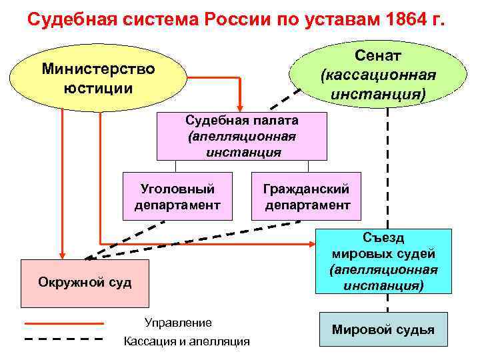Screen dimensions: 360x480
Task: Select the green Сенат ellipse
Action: pos(378,73)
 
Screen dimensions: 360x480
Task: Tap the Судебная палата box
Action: pos(242,136)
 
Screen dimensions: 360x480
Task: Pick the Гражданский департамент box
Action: pos(307,196)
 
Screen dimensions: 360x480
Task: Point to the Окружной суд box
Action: pos(85,282)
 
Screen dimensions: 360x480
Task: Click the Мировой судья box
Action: pos(383,329)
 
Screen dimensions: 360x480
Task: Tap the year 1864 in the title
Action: pos(409,18)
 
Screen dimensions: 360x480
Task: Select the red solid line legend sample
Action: pos(64,323)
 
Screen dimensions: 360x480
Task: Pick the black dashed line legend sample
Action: pos(64,339)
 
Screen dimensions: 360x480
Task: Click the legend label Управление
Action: pos(178,323)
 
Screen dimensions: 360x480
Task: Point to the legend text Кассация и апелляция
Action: pos(187,341)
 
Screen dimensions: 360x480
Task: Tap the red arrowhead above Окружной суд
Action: pos(62,253)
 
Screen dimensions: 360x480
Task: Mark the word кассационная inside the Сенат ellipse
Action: pos(378,74)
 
